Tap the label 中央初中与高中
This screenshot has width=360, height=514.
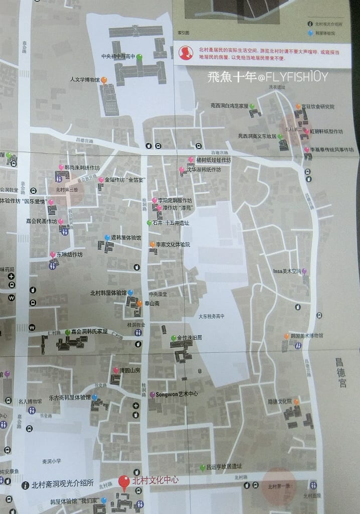118,56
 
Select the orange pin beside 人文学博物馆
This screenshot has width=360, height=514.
104,80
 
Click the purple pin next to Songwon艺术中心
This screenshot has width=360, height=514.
152,395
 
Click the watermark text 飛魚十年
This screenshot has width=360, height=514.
230,77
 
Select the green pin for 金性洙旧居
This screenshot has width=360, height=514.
173,338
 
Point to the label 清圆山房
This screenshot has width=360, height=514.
130,370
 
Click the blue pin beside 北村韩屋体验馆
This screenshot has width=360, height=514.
131,292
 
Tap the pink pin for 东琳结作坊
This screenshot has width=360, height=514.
53,254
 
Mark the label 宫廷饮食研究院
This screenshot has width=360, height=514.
318,106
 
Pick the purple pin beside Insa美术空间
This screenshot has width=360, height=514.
304,271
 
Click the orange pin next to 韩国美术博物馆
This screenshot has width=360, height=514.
286,335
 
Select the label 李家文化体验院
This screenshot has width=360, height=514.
173,244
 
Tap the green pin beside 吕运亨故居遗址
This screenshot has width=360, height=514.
202,467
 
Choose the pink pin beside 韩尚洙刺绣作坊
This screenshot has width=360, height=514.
61,167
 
